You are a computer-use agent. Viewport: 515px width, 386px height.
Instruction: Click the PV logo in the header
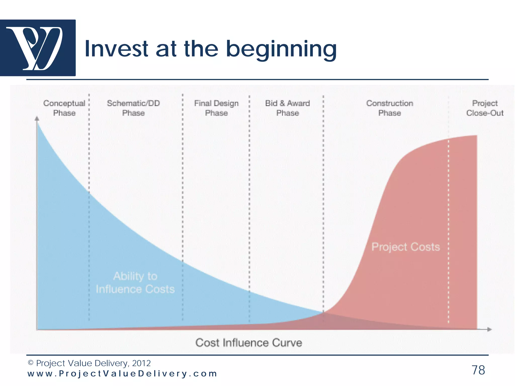point(38,48)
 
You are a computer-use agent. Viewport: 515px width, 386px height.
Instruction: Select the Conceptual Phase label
point(64,108)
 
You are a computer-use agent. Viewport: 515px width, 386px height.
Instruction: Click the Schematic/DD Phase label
point(133,108)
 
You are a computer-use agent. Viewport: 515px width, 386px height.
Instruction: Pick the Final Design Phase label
point(216,108)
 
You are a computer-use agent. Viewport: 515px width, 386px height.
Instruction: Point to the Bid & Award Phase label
point(287,108)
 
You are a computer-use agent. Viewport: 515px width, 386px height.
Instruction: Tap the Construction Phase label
point(390,108)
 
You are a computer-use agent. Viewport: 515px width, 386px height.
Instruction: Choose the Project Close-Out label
point(485,108)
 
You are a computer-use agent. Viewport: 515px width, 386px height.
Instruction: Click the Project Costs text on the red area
point(406,247)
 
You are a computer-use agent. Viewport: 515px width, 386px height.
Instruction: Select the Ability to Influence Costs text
point(135,283)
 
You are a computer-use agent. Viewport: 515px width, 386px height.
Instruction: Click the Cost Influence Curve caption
point(248,343)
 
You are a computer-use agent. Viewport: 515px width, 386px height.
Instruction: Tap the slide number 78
point(478,370)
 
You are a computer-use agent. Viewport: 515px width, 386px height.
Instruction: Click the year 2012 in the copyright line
point(141,363)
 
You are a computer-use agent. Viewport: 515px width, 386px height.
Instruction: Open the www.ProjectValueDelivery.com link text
point(122,374)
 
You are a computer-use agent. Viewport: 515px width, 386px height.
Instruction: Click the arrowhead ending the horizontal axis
point(489,329)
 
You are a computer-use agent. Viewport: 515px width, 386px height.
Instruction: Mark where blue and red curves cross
point(324,312)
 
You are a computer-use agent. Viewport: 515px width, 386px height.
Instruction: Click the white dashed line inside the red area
point(448,226)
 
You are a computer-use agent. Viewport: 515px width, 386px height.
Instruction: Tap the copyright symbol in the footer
point(30,363)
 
